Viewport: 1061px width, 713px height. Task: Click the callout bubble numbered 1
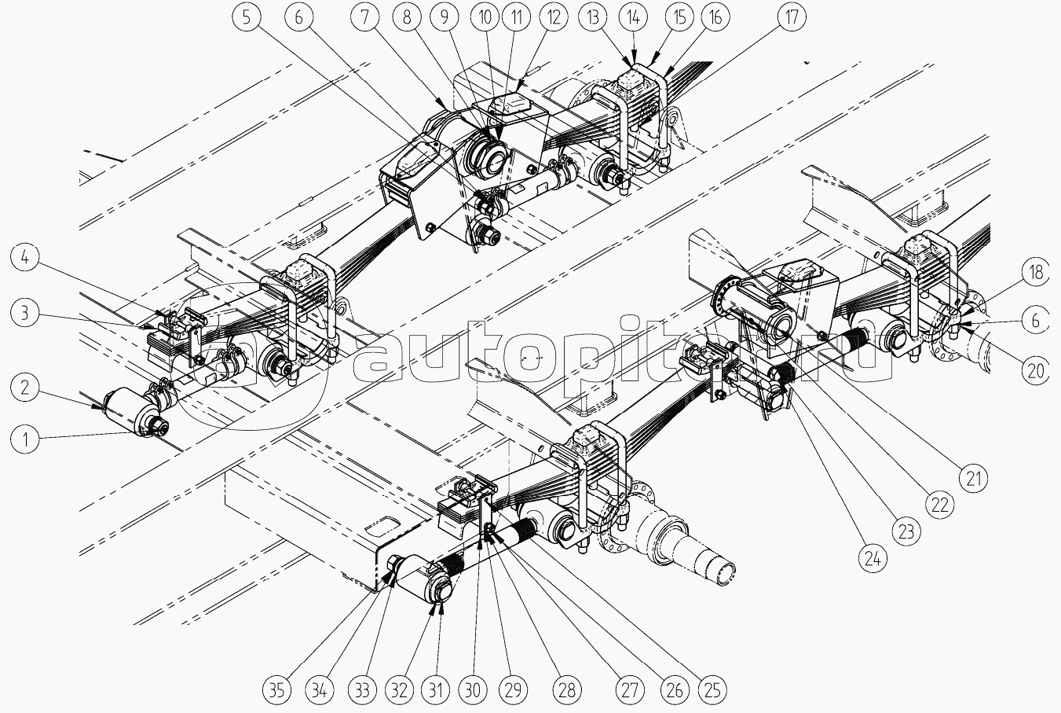[24, 439]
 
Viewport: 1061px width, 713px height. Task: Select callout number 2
[24, 388]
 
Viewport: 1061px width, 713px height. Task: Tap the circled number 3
[24, 313]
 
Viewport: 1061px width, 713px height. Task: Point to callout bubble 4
[24, 258]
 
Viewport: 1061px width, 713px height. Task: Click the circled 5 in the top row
[247, 17]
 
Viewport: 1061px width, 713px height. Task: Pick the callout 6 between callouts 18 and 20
[1035, 322]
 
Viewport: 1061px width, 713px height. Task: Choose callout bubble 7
[364, 17]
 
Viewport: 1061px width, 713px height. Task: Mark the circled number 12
[553, 17]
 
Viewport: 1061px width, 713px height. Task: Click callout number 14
[634, 17]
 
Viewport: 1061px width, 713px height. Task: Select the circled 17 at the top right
[791, 17]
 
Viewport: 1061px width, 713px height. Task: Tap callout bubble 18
[1036, 272]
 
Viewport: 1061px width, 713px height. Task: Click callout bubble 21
[973, 479]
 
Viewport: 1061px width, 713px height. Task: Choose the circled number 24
[873, 560]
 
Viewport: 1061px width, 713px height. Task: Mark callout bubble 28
[567, 690]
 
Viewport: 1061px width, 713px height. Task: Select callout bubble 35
[276, 690]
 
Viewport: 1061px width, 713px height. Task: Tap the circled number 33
[362, 690]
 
